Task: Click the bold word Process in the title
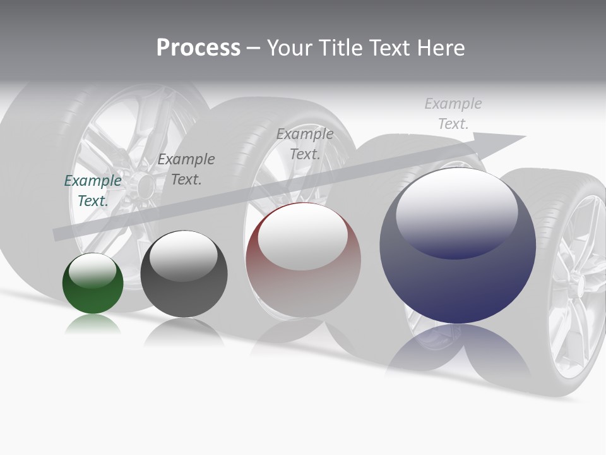point(198,48)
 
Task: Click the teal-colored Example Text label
point(93,190)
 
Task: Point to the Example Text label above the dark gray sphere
point(186,169)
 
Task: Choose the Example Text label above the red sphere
point(305,143)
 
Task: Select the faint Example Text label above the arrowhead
point(453,113)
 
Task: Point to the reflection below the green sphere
point(93,325)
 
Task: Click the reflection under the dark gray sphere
point(184,332)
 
